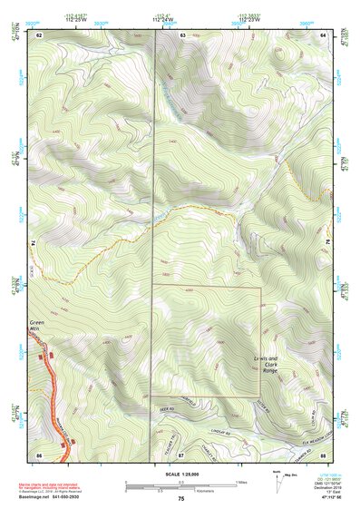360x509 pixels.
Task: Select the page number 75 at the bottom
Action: [x=180, y=499]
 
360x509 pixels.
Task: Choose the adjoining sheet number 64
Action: [x=322, y=34]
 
